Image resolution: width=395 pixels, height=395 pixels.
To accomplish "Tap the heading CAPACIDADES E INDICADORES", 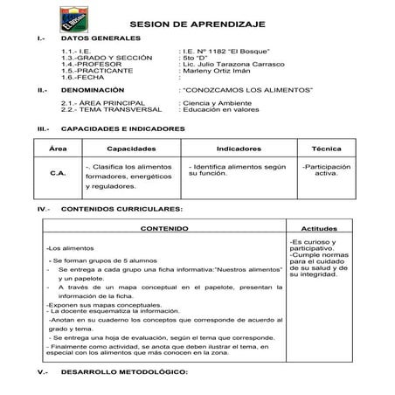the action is click(123, 128).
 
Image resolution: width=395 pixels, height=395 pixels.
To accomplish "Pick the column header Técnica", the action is click(326, 149).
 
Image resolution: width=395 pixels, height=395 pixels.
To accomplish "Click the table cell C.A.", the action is click(59, 173).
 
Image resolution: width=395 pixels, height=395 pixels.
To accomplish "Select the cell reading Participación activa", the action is click(326, 170).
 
